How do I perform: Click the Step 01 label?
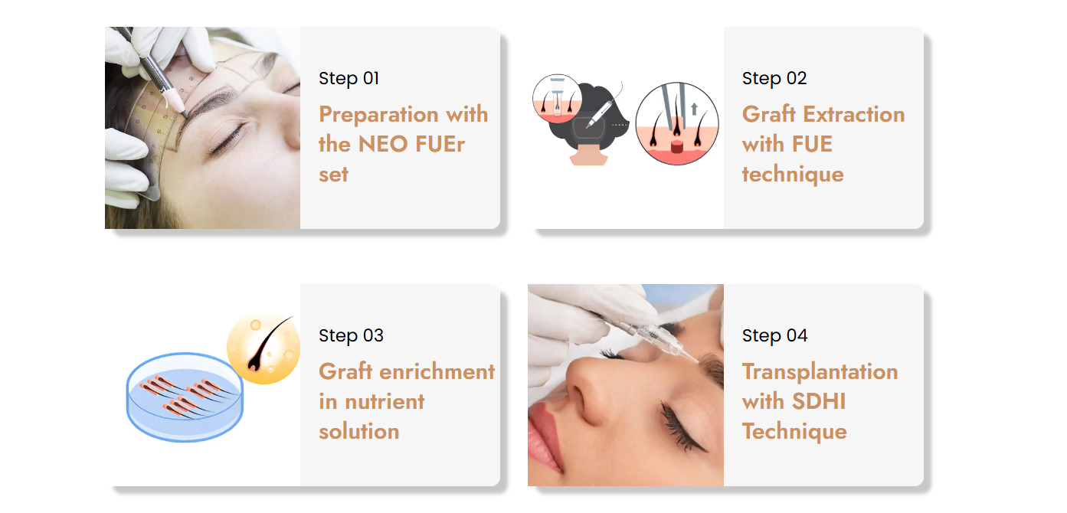tap(349, 79)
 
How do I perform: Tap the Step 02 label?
tap(774, 79)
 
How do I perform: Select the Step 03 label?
tap(351, 336)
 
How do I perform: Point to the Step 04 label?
tap(774, 336)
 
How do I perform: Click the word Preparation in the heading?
tap(378, 115)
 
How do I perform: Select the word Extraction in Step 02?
tap(853, 114)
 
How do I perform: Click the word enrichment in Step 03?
tap(437, 371)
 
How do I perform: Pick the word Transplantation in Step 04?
tap(820, 372)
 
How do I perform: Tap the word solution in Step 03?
tap(358, 431)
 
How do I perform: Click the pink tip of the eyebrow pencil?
tap(173, 100)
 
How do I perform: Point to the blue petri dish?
tap(185, 397)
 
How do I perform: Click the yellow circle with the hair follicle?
tap(263, 349)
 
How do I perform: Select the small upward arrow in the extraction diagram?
tap(694, 109)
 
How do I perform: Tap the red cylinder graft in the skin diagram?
tap(676, 145)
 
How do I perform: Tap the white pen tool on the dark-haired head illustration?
tap(599, 114)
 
